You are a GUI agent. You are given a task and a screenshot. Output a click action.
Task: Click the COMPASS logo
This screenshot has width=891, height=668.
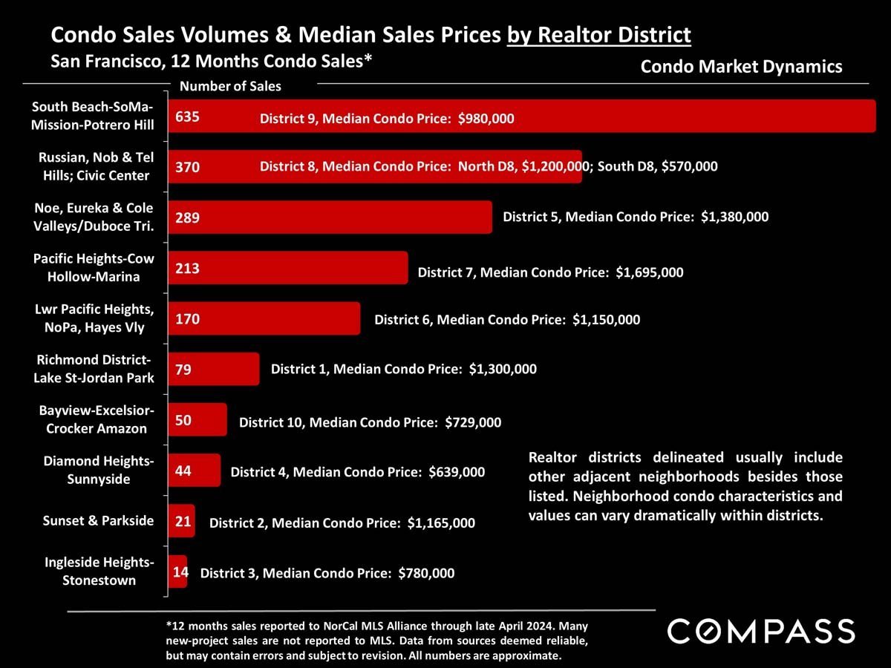pos(761,632)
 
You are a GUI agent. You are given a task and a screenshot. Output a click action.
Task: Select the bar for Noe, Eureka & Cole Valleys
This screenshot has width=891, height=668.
pos(330,217)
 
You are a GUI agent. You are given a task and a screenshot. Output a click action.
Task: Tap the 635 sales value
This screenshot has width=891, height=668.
pos(188,117)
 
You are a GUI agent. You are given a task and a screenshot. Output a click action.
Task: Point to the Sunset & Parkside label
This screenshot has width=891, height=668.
pos(99,520)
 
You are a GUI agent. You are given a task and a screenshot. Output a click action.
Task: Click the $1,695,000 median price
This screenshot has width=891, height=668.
pos(650,272)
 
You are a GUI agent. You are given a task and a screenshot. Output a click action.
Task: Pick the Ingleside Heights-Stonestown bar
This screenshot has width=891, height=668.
pos(178,572)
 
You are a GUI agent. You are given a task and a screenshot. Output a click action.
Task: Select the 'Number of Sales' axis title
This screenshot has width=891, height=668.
pos(230,86)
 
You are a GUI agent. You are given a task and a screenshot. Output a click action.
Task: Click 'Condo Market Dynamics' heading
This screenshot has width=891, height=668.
pos(741,67)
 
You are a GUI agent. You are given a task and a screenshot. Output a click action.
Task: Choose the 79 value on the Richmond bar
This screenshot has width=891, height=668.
pos(183,369)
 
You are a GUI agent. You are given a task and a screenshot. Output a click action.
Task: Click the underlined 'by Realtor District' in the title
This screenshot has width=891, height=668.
pos(599,35)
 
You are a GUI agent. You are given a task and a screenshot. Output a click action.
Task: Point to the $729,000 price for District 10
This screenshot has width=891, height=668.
pos(473,423)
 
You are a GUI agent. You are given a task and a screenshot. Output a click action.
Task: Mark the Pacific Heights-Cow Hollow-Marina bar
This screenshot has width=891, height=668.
pos(288,268)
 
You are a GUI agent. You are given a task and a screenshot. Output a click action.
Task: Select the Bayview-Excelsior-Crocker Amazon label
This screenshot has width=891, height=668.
pos(97,419)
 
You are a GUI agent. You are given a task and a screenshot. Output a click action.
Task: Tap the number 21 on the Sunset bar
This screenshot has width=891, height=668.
pos(183,522)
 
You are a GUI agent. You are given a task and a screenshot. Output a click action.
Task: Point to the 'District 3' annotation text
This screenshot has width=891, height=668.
pos(228,573)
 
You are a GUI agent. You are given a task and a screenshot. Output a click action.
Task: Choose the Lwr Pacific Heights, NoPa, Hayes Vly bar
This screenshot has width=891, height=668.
pos(264,318)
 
